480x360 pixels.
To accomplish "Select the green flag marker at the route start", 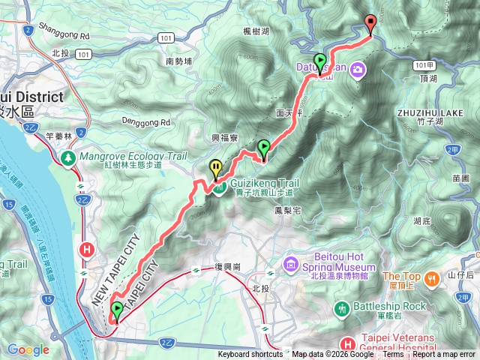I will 117,310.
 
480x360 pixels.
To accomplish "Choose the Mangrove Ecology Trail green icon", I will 68,157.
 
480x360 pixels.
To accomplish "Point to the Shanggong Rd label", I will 66,35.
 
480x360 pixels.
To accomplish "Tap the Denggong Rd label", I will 146,121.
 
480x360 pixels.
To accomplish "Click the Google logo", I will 28,349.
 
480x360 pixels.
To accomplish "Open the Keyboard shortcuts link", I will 252,355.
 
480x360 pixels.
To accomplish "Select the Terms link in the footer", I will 393,355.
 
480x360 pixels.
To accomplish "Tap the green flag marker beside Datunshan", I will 320,62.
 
